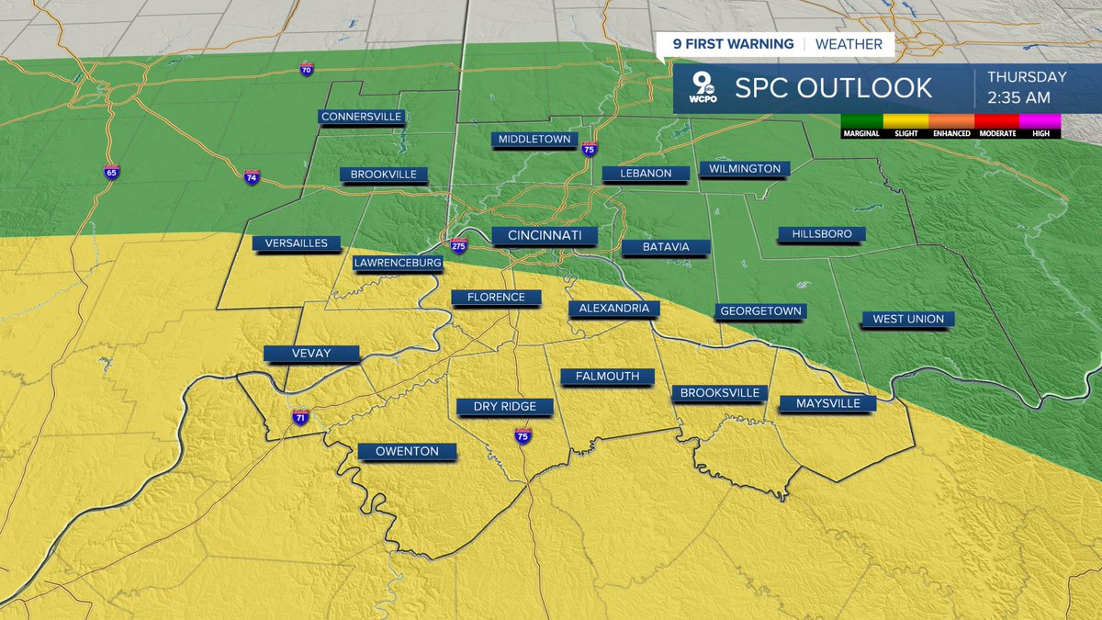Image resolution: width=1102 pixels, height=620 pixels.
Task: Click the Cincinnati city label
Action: pos(545,236)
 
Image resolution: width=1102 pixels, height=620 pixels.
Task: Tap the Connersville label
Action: pos(361,117)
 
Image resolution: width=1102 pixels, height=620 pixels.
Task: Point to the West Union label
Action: pos(907,319)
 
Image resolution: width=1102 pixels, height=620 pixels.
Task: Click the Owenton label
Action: pos(405,451)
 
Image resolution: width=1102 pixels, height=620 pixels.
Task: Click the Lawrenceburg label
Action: pos(398,263)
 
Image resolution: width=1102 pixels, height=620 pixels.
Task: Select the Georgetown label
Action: pos(760,311)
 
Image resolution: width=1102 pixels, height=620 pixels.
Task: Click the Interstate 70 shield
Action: pos(307,70)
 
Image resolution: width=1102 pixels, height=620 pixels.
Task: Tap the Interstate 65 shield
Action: pos(111,173)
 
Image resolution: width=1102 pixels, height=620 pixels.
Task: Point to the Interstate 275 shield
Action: pos(458,245)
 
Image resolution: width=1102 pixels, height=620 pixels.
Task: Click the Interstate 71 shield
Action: pos(300,417)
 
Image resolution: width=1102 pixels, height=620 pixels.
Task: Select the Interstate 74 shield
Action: pos(252,177)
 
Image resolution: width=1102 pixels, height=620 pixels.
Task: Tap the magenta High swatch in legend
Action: pos(1039,120)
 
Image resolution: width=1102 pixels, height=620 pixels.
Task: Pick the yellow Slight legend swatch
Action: pos(905,120)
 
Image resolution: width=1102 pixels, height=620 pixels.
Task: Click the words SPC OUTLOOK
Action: pos(833,88)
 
